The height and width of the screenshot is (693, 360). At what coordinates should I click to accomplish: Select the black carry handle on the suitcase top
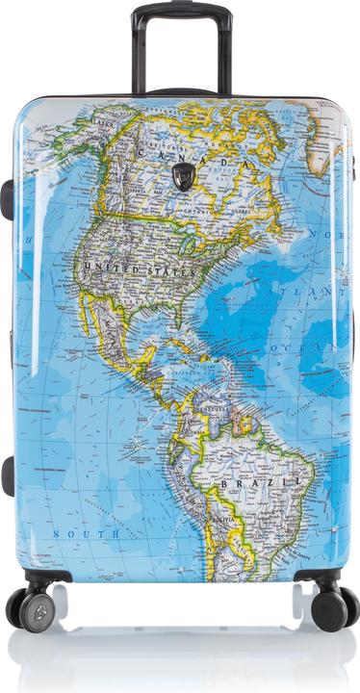(x=182, y=92)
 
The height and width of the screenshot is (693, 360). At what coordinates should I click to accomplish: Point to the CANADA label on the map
(x=193, y=159)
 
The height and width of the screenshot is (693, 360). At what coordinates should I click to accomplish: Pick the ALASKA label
(x=102, y=123)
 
